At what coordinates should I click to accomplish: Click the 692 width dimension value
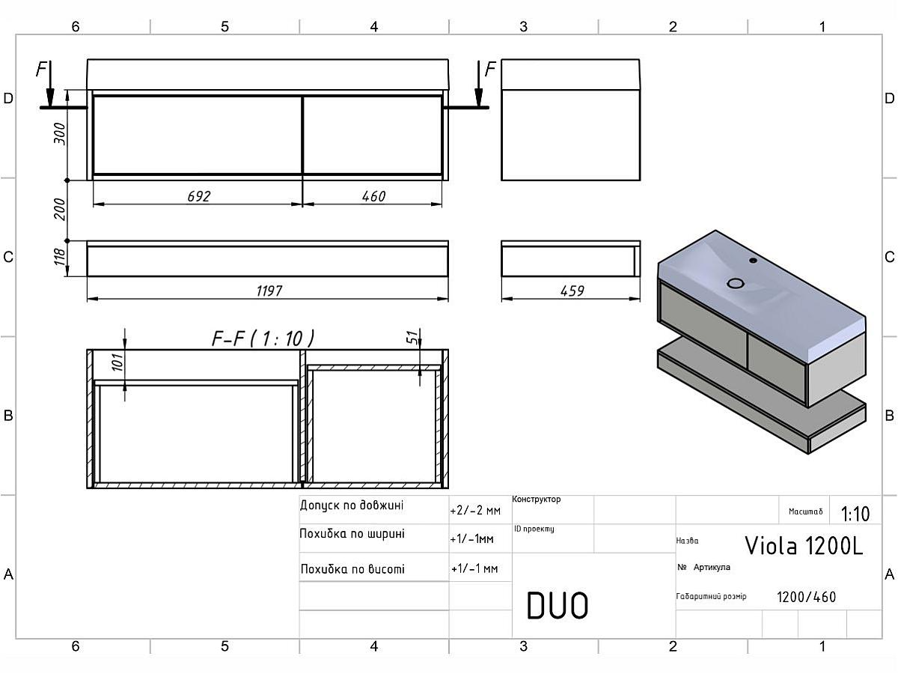tap(199, 196)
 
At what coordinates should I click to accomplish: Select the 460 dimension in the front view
tap(373, 196)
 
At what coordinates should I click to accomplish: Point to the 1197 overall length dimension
tap(269, 291)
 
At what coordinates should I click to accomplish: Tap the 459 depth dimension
tap(572, 291)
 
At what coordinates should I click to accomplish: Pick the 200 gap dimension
tap(61, 210)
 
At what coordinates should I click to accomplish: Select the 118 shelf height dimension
tap(61, 258)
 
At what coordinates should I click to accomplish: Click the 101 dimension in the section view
tap(116, 364)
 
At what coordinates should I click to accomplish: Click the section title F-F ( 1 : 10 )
tap(263, 338)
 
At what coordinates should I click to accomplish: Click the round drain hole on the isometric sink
tap(736, 283)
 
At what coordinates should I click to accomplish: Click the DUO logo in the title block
tap(558, 606)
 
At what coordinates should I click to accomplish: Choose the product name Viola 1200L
tap(804, 545)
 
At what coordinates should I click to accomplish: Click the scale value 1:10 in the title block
tap(855, 514)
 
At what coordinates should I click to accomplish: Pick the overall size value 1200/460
tap(806, 597)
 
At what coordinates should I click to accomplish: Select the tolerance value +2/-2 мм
tap(474, 511)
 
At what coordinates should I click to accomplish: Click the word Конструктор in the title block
tap(537, 500)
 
